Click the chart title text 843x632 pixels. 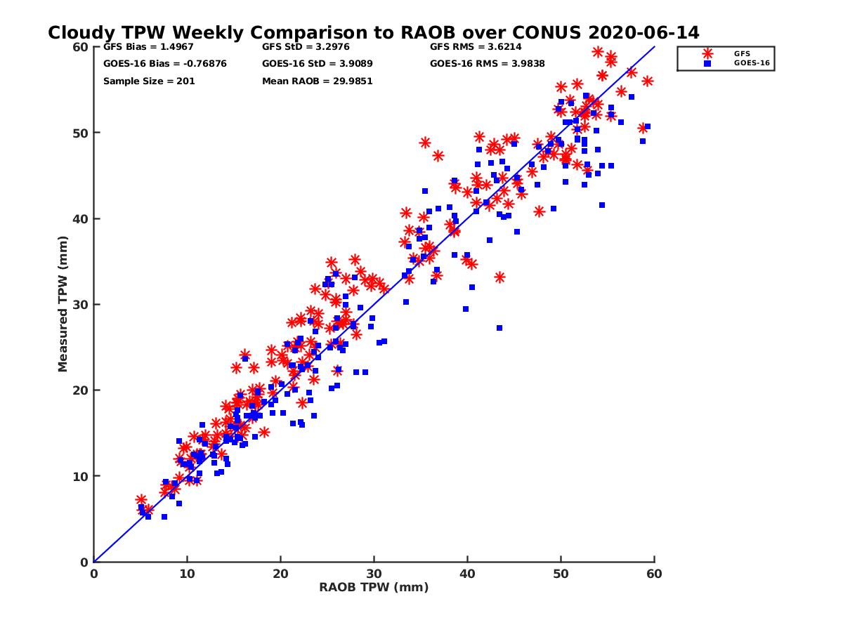(373, 32)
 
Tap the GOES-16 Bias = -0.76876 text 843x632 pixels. (164, 64)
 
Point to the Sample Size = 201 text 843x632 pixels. (149, 81)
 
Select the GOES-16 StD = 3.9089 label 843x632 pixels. (317, 64)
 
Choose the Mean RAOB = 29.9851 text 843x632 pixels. (317, 81)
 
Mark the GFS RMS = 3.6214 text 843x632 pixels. (476, 47)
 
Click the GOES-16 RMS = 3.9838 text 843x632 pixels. (487, 64)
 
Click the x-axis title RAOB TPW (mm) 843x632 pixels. (374, 587)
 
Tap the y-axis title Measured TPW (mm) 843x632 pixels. (63, 303)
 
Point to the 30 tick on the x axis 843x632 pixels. (374, 574)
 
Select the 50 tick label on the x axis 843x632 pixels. (561, 574)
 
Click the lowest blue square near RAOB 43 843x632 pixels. (499, 328)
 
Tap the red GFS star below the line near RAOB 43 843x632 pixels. (499, 277)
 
